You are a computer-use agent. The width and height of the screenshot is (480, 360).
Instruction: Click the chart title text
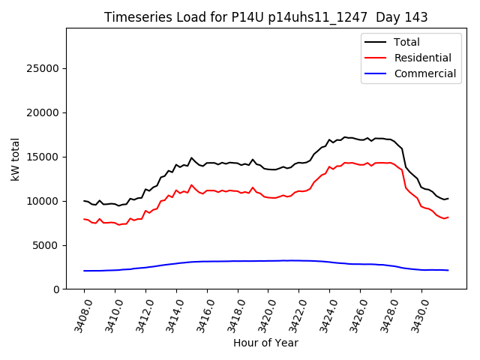coord(265,17)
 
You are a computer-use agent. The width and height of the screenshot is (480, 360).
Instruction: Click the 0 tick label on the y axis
coord(55,289)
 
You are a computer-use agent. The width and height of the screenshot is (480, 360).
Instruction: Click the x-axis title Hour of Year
coord(265,343)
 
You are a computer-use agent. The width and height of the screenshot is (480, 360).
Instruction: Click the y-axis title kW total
coord(15,159)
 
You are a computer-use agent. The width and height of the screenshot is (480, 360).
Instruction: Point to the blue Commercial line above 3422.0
coord(298,260)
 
